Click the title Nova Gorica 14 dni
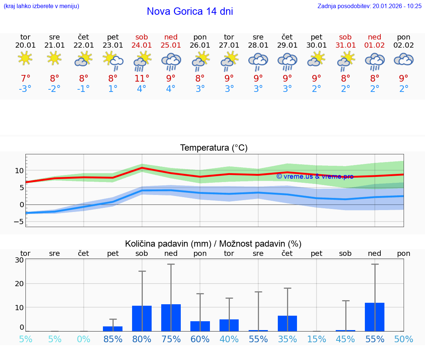point(190,11)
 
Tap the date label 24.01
point(142,45)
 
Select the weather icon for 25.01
point(171,61)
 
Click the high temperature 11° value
point(142,79)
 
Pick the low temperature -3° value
point(25,89)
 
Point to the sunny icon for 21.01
point(54,58)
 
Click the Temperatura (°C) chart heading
point(214,148)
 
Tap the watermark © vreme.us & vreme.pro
point(315,176)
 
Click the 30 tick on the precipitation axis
point(19,260)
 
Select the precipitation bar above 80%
point(142,318)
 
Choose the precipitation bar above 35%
point(287,323)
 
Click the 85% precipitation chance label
point(113,339)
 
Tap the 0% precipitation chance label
point(84,339)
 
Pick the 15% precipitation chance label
point(317,339)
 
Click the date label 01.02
point(374,45)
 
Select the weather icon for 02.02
point(404,59)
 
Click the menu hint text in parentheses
point(41,6)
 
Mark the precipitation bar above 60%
point(200,326)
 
